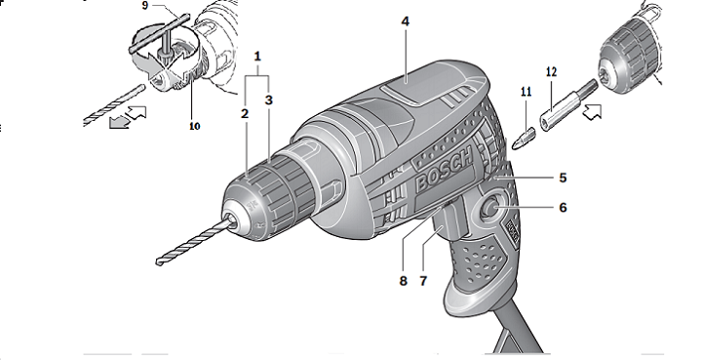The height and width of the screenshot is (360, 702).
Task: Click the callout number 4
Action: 406,21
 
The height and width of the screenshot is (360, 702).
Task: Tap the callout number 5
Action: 563,178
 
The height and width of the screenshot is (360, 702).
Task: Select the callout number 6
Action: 563,207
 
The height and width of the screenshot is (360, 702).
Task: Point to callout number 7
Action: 423,281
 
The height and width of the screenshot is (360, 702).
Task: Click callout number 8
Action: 404,281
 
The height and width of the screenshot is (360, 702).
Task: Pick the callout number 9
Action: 145,7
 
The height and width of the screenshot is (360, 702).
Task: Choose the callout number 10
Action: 194,126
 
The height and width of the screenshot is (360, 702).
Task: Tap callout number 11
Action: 526,92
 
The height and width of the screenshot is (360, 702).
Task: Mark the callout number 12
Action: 551,71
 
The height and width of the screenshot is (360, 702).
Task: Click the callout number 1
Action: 257,57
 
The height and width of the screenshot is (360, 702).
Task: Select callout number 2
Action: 245,114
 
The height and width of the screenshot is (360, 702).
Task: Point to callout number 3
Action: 269,100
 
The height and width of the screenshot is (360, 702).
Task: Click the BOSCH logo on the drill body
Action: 445,169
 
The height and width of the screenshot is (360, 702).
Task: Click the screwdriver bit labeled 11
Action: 523,139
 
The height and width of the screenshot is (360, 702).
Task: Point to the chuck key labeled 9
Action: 160,35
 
